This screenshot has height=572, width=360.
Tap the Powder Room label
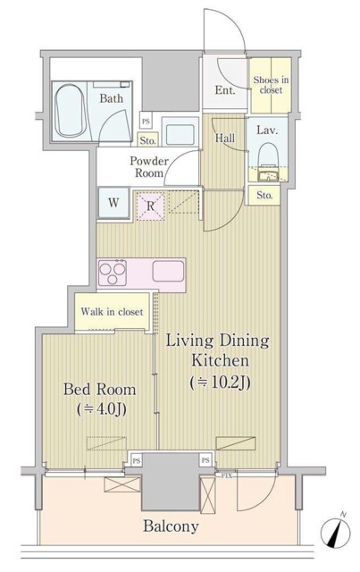click(x=149, y=167)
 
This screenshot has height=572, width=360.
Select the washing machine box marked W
click(x=113, y=203)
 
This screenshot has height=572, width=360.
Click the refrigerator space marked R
click(x=151, y=205)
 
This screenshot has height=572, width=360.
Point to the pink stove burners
click(x=117, y=270)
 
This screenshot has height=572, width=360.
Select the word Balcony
click(x=171, y=526)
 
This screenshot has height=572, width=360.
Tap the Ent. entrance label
click(x=224, y=90)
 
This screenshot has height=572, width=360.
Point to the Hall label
click(x=224, y=138)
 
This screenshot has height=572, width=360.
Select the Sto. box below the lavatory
click(x=264, y=196)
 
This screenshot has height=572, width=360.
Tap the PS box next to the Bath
click(x=146, y=121)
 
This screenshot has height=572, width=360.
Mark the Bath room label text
click(x=111, y=98)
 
